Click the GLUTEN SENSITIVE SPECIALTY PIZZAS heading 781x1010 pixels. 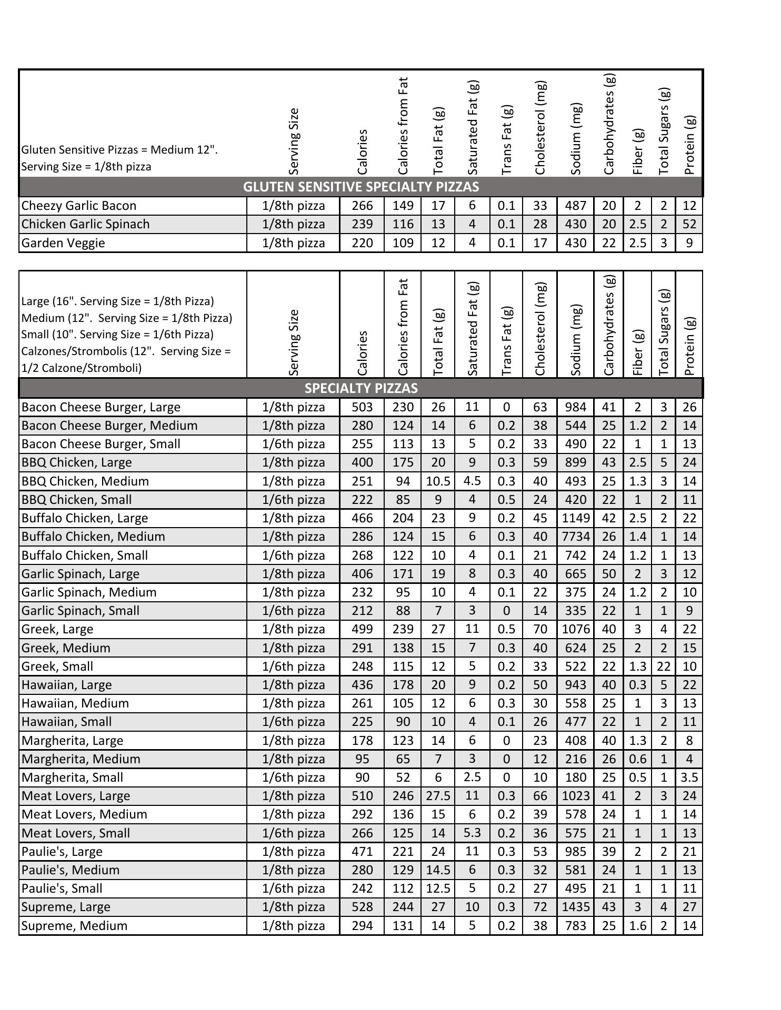[361, 187]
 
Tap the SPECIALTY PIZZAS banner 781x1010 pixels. [361, 388]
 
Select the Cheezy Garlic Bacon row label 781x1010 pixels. [79, 206]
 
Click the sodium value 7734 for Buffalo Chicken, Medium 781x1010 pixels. [575, 537]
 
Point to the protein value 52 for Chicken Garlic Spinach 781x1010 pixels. [689, 224]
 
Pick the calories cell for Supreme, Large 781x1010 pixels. [362, 907]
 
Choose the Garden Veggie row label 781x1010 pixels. [63, 243]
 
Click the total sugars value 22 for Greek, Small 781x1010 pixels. [664, 666]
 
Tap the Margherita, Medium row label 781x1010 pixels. [81, 759]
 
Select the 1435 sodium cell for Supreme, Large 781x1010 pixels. [575, 907]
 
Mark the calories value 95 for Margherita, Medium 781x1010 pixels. [362, 759]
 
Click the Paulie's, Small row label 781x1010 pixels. [62, 888]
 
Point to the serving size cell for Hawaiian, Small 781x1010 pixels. [293, 722]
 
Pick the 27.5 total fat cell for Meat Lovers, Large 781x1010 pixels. [438, 796]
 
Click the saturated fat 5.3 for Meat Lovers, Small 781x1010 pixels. [472, 833]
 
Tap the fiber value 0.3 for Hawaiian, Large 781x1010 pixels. [637, 685]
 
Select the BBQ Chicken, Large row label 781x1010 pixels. [77, 462]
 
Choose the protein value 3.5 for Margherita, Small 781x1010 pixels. [689, 777]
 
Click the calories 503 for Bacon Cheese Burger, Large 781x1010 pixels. [362, 407]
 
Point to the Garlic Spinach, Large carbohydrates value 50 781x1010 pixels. [608, 574]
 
